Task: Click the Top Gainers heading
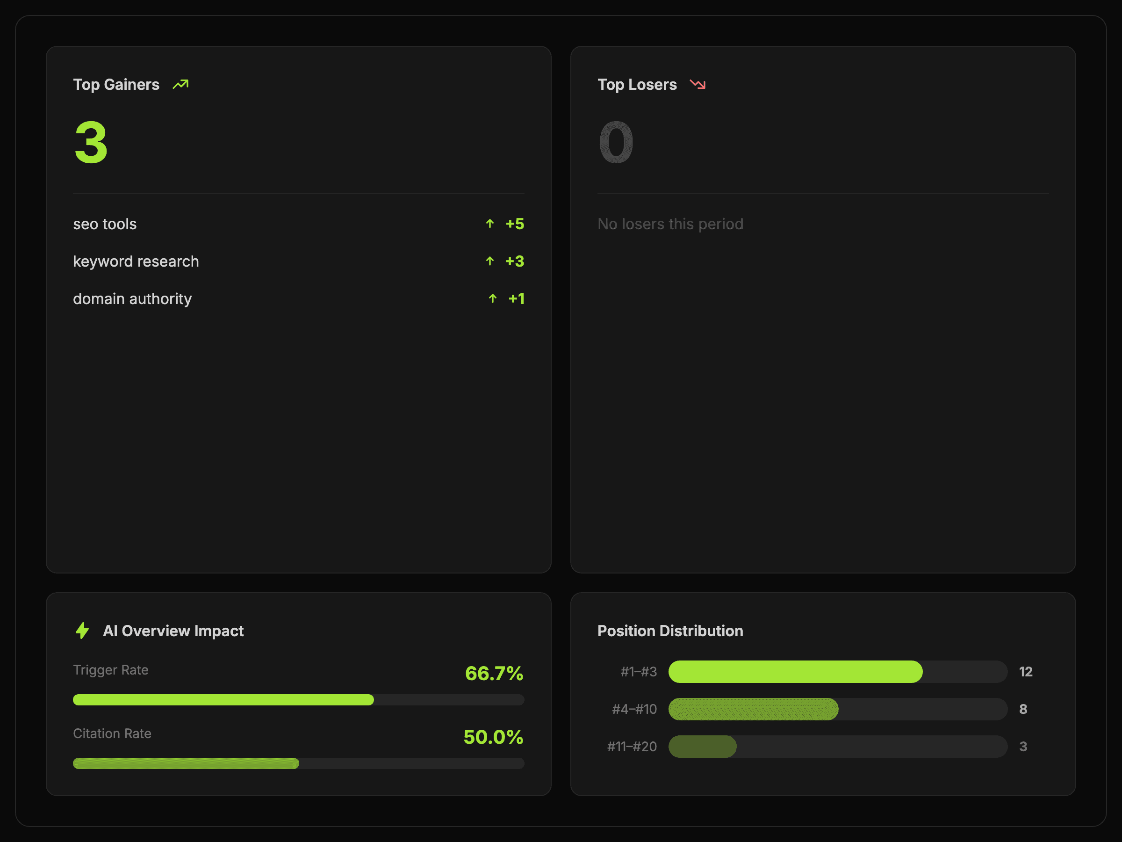tap(116, 84)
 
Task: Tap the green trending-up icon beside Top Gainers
tap(180, 84)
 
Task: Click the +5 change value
tap(515, 224)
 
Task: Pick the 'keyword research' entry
tap(136, 261)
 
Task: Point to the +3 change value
tap(515, 261)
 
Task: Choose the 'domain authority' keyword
tap(132, 298)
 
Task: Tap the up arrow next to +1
tap(493, 298)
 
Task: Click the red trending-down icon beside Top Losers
tap(698, 84)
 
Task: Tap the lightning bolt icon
tap(82, 631)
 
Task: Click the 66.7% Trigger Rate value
tap(494, 674)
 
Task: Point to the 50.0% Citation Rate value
tap(494, 737)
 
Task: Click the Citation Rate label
tap(112, 733)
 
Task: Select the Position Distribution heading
tap(670, 631)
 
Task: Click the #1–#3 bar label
tap(639, 672)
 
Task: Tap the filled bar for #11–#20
tap(703, 747)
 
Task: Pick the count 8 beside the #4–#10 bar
tap(1023, 709)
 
